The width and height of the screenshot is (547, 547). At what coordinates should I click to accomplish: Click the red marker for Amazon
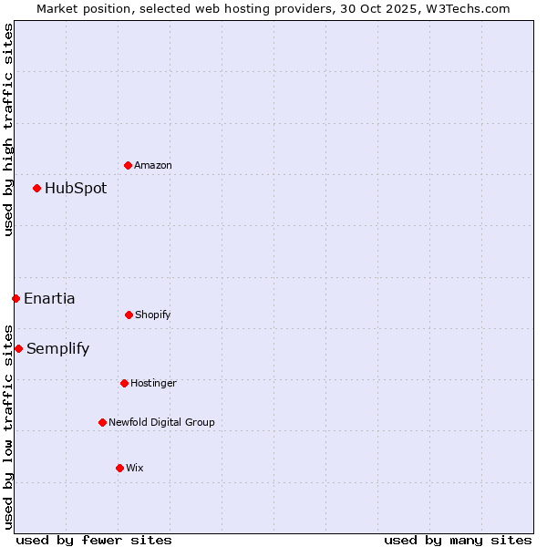[x=129, y=165]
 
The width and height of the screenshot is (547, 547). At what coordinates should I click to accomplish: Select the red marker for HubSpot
[x=37, y=188]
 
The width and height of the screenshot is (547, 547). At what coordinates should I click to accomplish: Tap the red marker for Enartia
[x=15, y=298]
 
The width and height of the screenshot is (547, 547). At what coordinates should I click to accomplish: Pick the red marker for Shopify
[x=129, y=315]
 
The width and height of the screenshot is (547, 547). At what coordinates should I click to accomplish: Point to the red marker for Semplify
[x=18, y=348]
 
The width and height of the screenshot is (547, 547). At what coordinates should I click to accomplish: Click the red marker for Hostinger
[x=124, y=383]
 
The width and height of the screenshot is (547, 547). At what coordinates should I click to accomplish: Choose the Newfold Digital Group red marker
[x=102, y=422]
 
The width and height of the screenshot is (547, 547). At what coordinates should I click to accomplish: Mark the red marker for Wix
[x=119, y=468]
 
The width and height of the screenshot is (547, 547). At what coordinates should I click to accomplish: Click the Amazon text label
[x=153, y=166]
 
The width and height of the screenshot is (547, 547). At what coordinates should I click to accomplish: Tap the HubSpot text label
[x=76, y=189]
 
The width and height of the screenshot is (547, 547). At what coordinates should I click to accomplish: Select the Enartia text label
[x=49, y=299]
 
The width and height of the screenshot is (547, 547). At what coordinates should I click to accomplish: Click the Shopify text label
[x=153, y=315]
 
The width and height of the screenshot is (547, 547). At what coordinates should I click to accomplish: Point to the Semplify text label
[x=57, y=349]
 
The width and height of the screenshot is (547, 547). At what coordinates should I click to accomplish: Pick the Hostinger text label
[x=153, y=384]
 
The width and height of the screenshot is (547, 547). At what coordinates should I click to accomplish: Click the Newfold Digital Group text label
[x=161, y=423]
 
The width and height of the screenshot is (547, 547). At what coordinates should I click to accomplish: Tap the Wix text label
[x=135, y=469]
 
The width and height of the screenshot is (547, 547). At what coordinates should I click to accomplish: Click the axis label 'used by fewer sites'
[x=94, y=540]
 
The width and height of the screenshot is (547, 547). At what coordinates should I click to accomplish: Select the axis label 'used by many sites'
[x=458, y=540]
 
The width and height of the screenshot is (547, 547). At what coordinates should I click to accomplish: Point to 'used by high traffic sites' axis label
[x=8, y=129]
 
